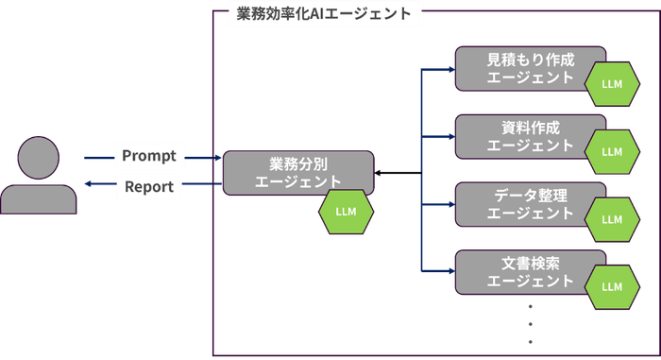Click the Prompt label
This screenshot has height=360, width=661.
tap(149, 154)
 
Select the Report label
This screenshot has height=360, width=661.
tap(149, 186)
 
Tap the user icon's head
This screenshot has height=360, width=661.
tap(40, 155)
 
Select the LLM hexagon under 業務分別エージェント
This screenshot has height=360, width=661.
tap(346, 212)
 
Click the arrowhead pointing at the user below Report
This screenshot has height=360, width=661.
tap(88, 185)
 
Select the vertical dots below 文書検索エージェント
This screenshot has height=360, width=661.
tap(530, 322)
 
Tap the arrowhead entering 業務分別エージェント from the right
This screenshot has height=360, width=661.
tap(379, 173)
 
